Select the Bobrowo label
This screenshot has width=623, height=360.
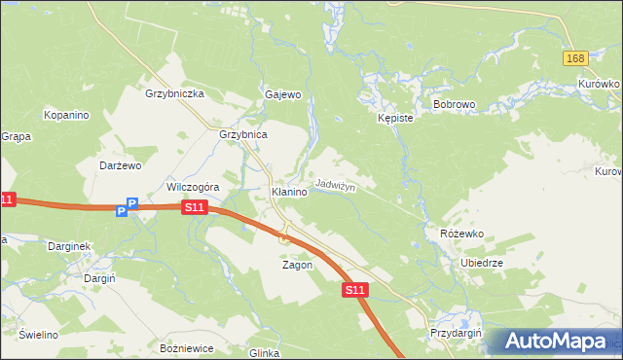[x=453, y=102]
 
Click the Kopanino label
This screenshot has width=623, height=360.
[x=66, y=115]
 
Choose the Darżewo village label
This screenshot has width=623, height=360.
[x=122, y=165]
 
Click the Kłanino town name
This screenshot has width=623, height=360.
[x=289, y=193]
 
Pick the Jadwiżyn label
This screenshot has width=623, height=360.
[x=334, y=185]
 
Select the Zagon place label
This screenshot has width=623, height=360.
[x=297, y=265]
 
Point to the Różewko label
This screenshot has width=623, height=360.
[x=461, y=234]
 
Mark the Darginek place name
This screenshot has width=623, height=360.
[x=69, y=246]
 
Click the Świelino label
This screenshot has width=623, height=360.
[x=37, y=335]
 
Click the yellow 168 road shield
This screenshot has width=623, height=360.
[x=575, y=59]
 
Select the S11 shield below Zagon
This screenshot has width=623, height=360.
[x=354, y=290]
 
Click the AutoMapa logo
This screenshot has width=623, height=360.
[x=556, y=341]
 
